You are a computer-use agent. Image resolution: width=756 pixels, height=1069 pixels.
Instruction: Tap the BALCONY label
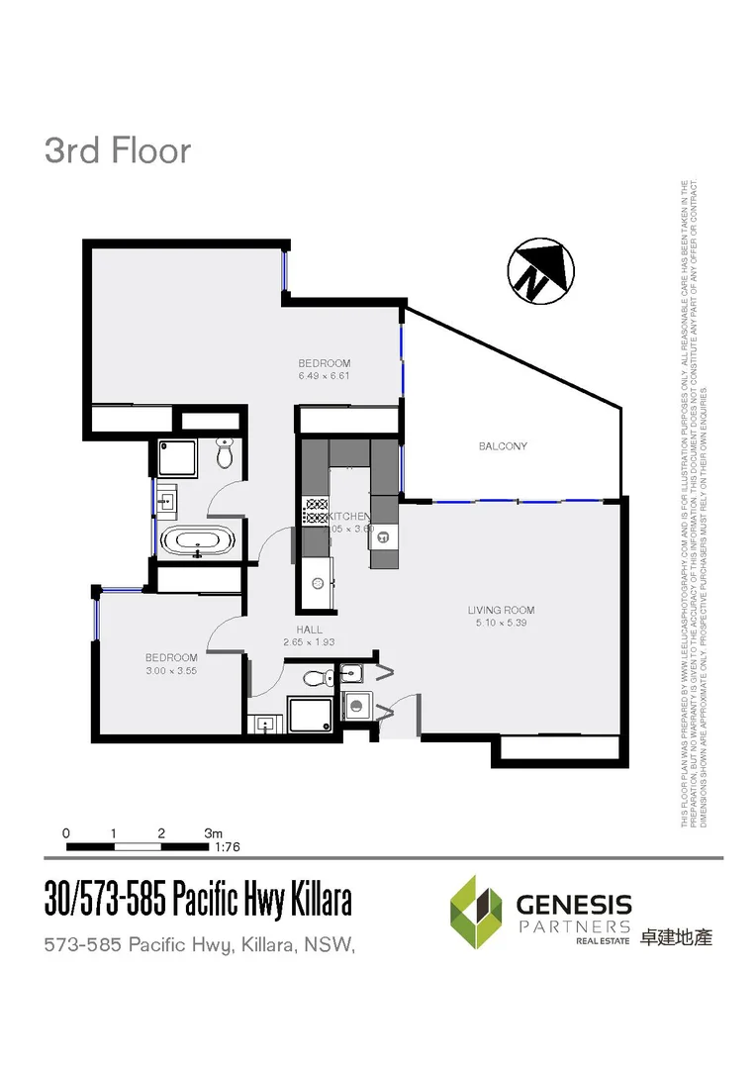pos(503,446)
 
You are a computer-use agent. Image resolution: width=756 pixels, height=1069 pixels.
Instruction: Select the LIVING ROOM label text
pos(501,610)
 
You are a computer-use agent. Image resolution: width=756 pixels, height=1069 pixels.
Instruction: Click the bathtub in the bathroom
pos(199,541)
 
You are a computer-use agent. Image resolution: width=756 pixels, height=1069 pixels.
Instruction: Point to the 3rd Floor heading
pos(117,151)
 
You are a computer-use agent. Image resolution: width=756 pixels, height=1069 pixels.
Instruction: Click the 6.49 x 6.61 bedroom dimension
pos(325,376)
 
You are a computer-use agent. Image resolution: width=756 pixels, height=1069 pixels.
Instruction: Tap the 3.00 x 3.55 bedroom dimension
pos(171,670)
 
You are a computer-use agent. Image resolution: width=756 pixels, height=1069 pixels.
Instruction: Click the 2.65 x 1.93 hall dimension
pos(309,642)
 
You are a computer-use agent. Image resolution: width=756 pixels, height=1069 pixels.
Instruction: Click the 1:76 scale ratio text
pos(228,847)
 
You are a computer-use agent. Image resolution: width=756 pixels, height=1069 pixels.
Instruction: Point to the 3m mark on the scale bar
pos(213,832)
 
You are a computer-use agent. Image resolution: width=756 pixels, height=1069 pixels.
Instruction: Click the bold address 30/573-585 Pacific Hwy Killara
pos(198,901)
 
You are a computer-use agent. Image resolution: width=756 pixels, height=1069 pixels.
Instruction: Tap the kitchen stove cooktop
pos(316,511)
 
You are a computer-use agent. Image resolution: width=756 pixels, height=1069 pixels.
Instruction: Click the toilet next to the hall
pos(316,678)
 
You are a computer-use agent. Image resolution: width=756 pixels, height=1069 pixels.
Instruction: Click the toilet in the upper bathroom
pos(224,455)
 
